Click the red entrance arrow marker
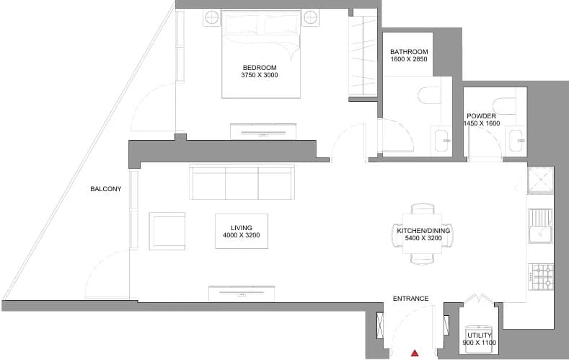pyautogui.click(x=415, y=353)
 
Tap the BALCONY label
pyautogui.click(x=105, y=189)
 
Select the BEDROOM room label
pyautogui.click(x=260, y=68)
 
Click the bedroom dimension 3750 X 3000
pyautogui.click(x=260, y=75)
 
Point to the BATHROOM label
pyautogui.click(x=409, y=51)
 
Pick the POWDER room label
pyautogui.click(x=481, y=115)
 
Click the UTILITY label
pyautogui.click(x=480, y=335)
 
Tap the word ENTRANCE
pyautogui.click(x=411, y=298)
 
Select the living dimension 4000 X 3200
pyautogui.click(x=242, y=235)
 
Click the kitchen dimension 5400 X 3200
pyautogui.click(x=423, y=238)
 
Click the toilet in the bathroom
pyautogui.click(x=429, y=96)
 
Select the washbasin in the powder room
pyautogui.click(x=517, y=141)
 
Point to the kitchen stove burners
pyautogui.click(x=541, y=276)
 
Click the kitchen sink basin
pyautogui.click(x=540, y=234)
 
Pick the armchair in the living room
pyautogui.click(x=167, y=231)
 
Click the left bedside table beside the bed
pyautogui.click(x=212, y=18)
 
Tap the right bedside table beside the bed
pyautogui.click(x=311, y=18)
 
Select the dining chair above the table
pyautogui.click(x=423, y=209)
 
